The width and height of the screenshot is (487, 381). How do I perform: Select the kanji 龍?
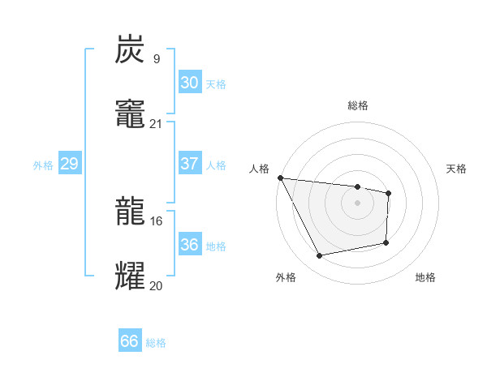coord(131,212)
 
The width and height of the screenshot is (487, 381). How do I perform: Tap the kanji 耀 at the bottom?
coord(131,276)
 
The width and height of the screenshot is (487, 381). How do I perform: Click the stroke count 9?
coord(156,58)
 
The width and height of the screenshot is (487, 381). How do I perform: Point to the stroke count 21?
coord(156,123)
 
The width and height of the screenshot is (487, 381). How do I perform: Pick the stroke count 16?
coord(156,220)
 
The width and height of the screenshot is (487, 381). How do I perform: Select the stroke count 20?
coord(156,285)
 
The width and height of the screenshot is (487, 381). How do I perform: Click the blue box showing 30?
coord(189,83)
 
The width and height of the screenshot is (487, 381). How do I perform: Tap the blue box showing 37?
coord(189,164)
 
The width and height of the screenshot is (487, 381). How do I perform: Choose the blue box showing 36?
coord(189,245)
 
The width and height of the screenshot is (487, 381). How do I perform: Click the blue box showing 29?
coord(69,164)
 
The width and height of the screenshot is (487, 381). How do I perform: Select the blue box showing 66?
coord(129,341)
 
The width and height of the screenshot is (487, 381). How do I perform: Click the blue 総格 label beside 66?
coord(156,343)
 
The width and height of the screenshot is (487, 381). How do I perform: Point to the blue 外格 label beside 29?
coord(43,165)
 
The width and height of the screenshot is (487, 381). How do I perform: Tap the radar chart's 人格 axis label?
coord(259,169)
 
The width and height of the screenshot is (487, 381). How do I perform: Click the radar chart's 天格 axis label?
coord(457,169)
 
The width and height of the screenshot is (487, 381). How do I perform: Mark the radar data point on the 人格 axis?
coord(280,178)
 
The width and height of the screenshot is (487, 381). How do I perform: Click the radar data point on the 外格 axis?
coord(320,255)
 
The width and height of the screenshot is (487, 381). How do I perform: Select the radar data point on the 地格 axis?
coord(386,242)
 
